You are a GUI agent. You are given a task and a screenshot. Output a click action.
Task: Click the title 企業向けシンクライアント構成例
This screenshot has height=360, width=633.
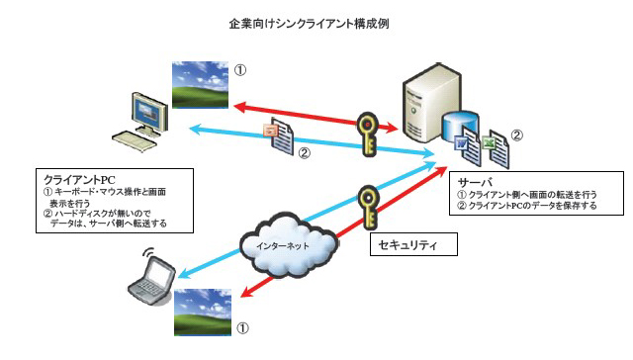coord(316,20)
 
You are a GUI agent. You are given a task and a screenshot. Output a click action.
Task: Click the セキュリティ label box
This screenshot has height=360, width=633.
coord(412,243)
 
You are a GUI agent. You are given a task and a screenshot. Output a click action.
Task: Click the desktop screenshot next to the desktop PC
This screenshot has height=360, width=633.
coord(202,85)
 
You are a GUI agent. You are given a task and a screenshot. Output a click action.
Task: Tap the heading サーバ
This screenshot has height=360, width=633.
coord(473,182)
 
